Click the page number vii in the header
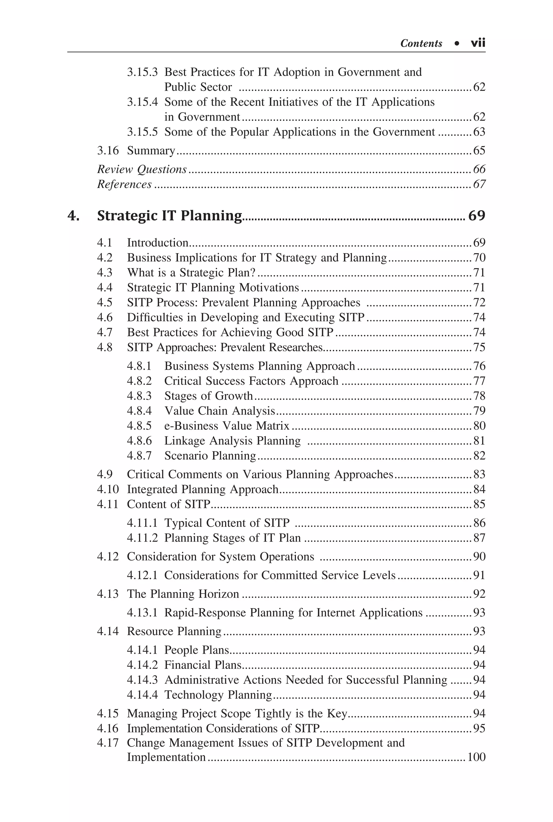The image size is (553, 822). (x=478, y=43)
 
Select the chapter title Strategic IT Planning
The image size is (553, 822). (x=169, y=215)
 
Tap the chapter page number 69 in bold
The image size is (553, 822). (x=477, y=215)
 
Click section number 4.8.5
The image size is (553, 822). (x=139, y=426)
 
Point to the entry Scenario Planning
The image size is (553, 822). (x=210, y=456)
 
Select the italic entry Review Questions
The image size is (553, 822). (x=142, y=169)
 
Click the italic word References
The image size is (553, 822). (x=124, y=184)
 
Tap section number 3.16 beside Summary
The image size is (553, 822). (x=108, y=151)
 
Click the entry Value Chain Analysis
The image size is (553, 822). (x=219, y=411)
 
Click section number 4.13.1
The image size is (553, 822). (x=142, y=612)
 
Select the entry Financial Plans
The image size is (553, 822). (x=203, y=665)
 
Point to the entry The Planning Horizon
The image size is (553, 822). (x=183, y=594)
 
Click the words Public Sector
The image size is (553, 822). (x=198, y=87)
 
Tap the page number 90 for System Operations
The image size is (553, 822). (x=479, y=557)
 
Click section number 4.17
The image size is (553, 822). (x=108, y=742)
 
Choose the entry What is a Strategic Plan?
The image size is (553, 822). (x=191, y=272)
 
